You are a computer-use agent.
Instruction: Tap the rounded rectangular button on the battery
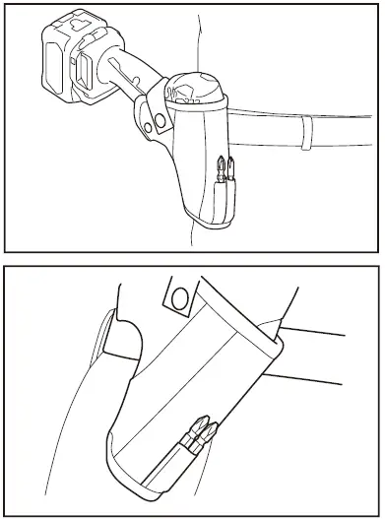click(84, 70)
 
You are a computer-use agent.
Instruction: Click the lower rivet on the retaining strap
click(151, 127)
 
